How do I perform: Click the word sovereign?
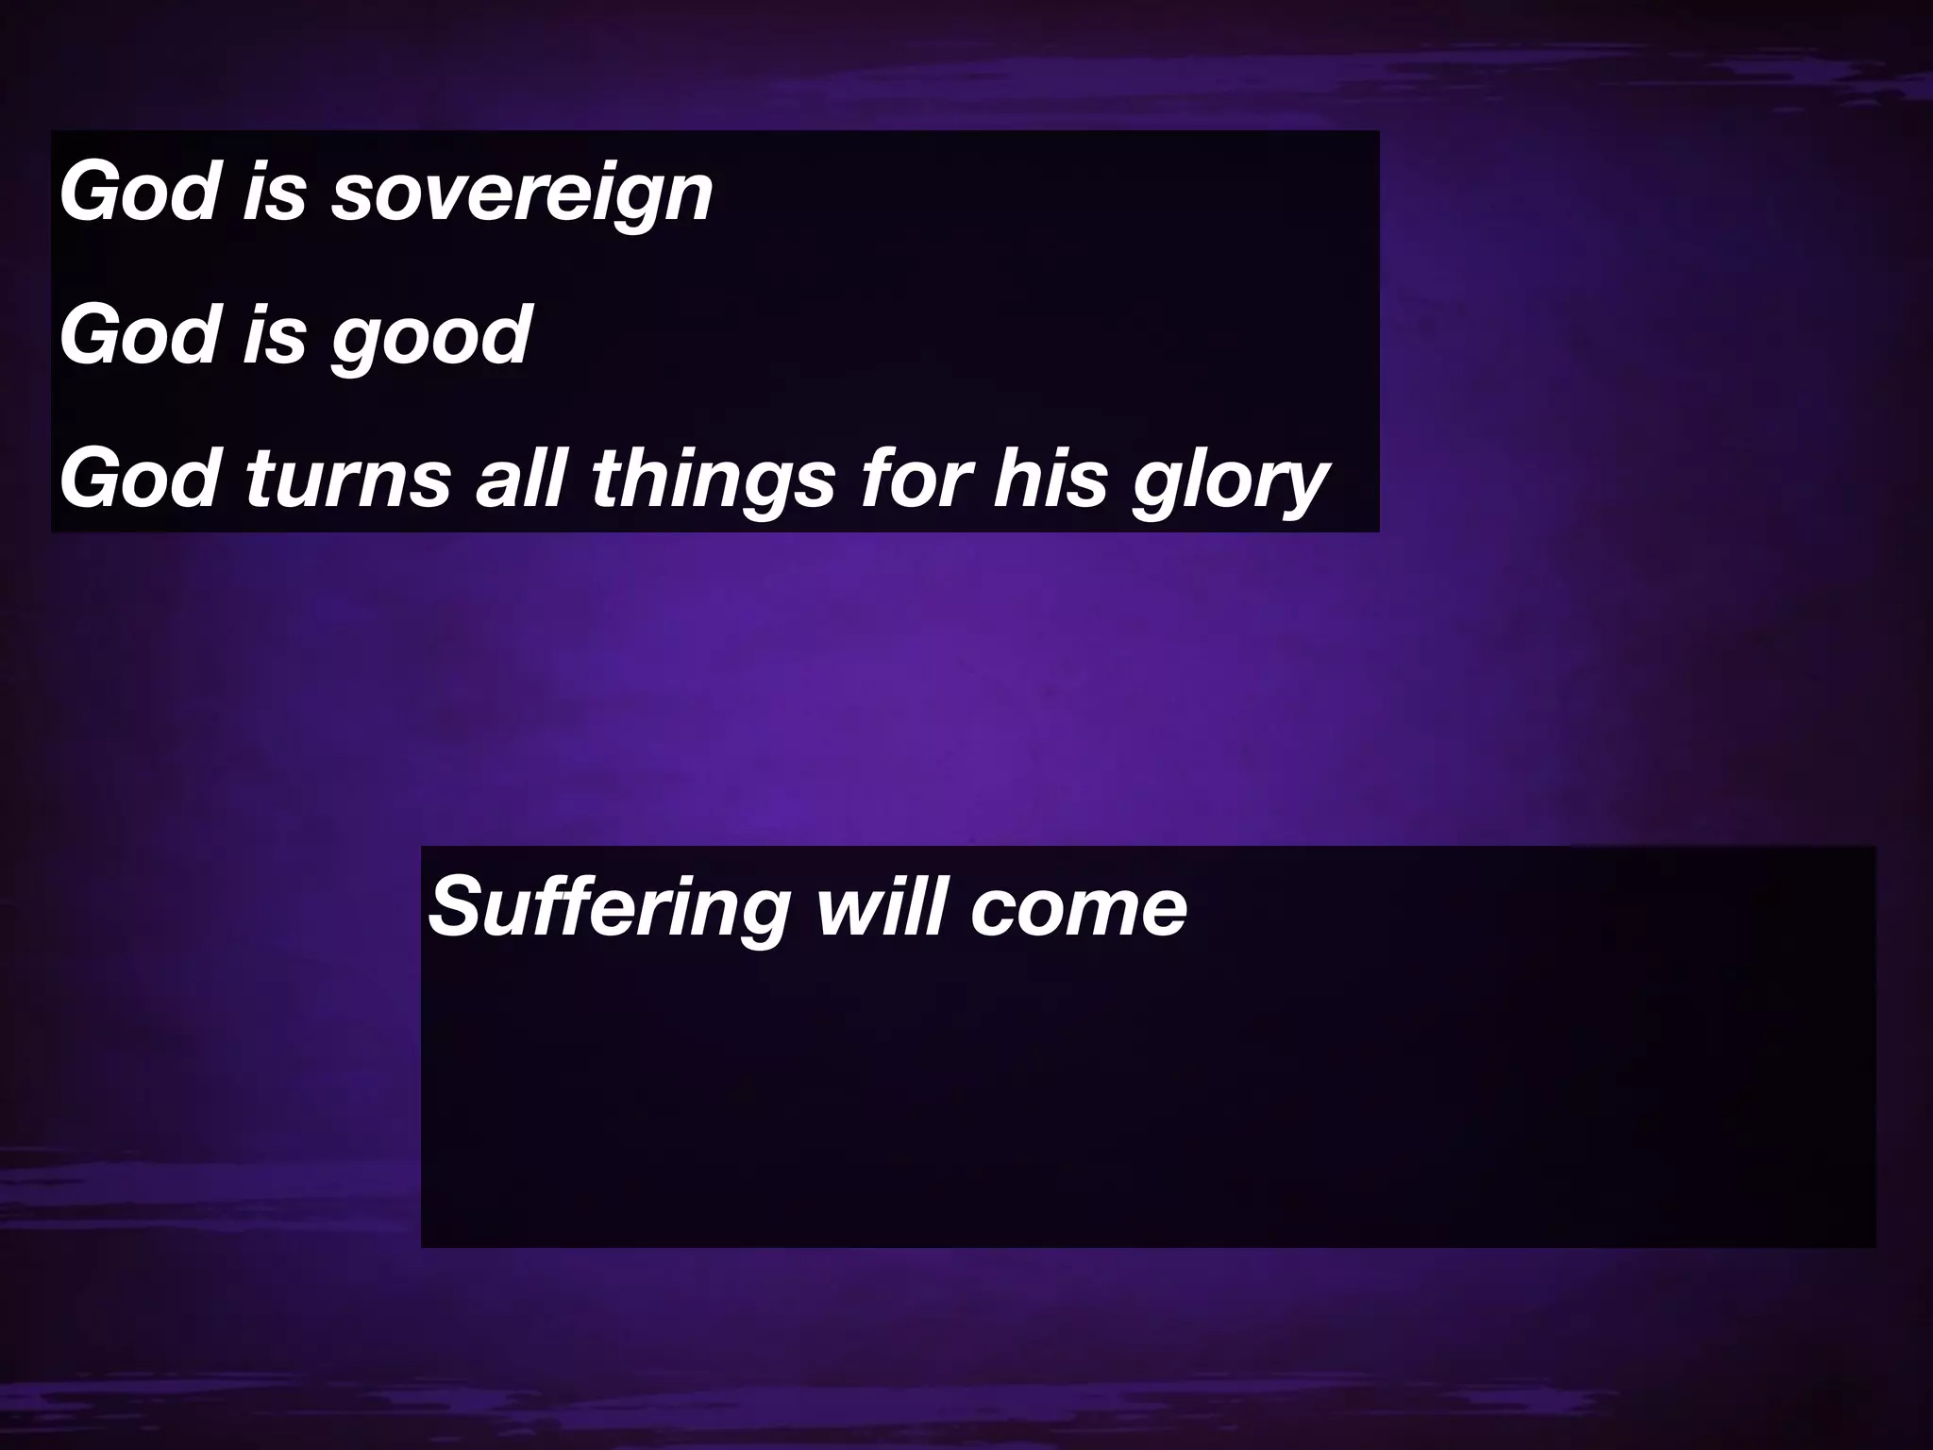[x=521, y=194]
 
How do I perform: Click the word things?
[x=714, y=479]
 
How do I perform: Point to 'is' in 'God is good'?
[x=275, y=335]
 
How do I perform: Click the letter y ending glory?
[x=1303, y=486]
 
